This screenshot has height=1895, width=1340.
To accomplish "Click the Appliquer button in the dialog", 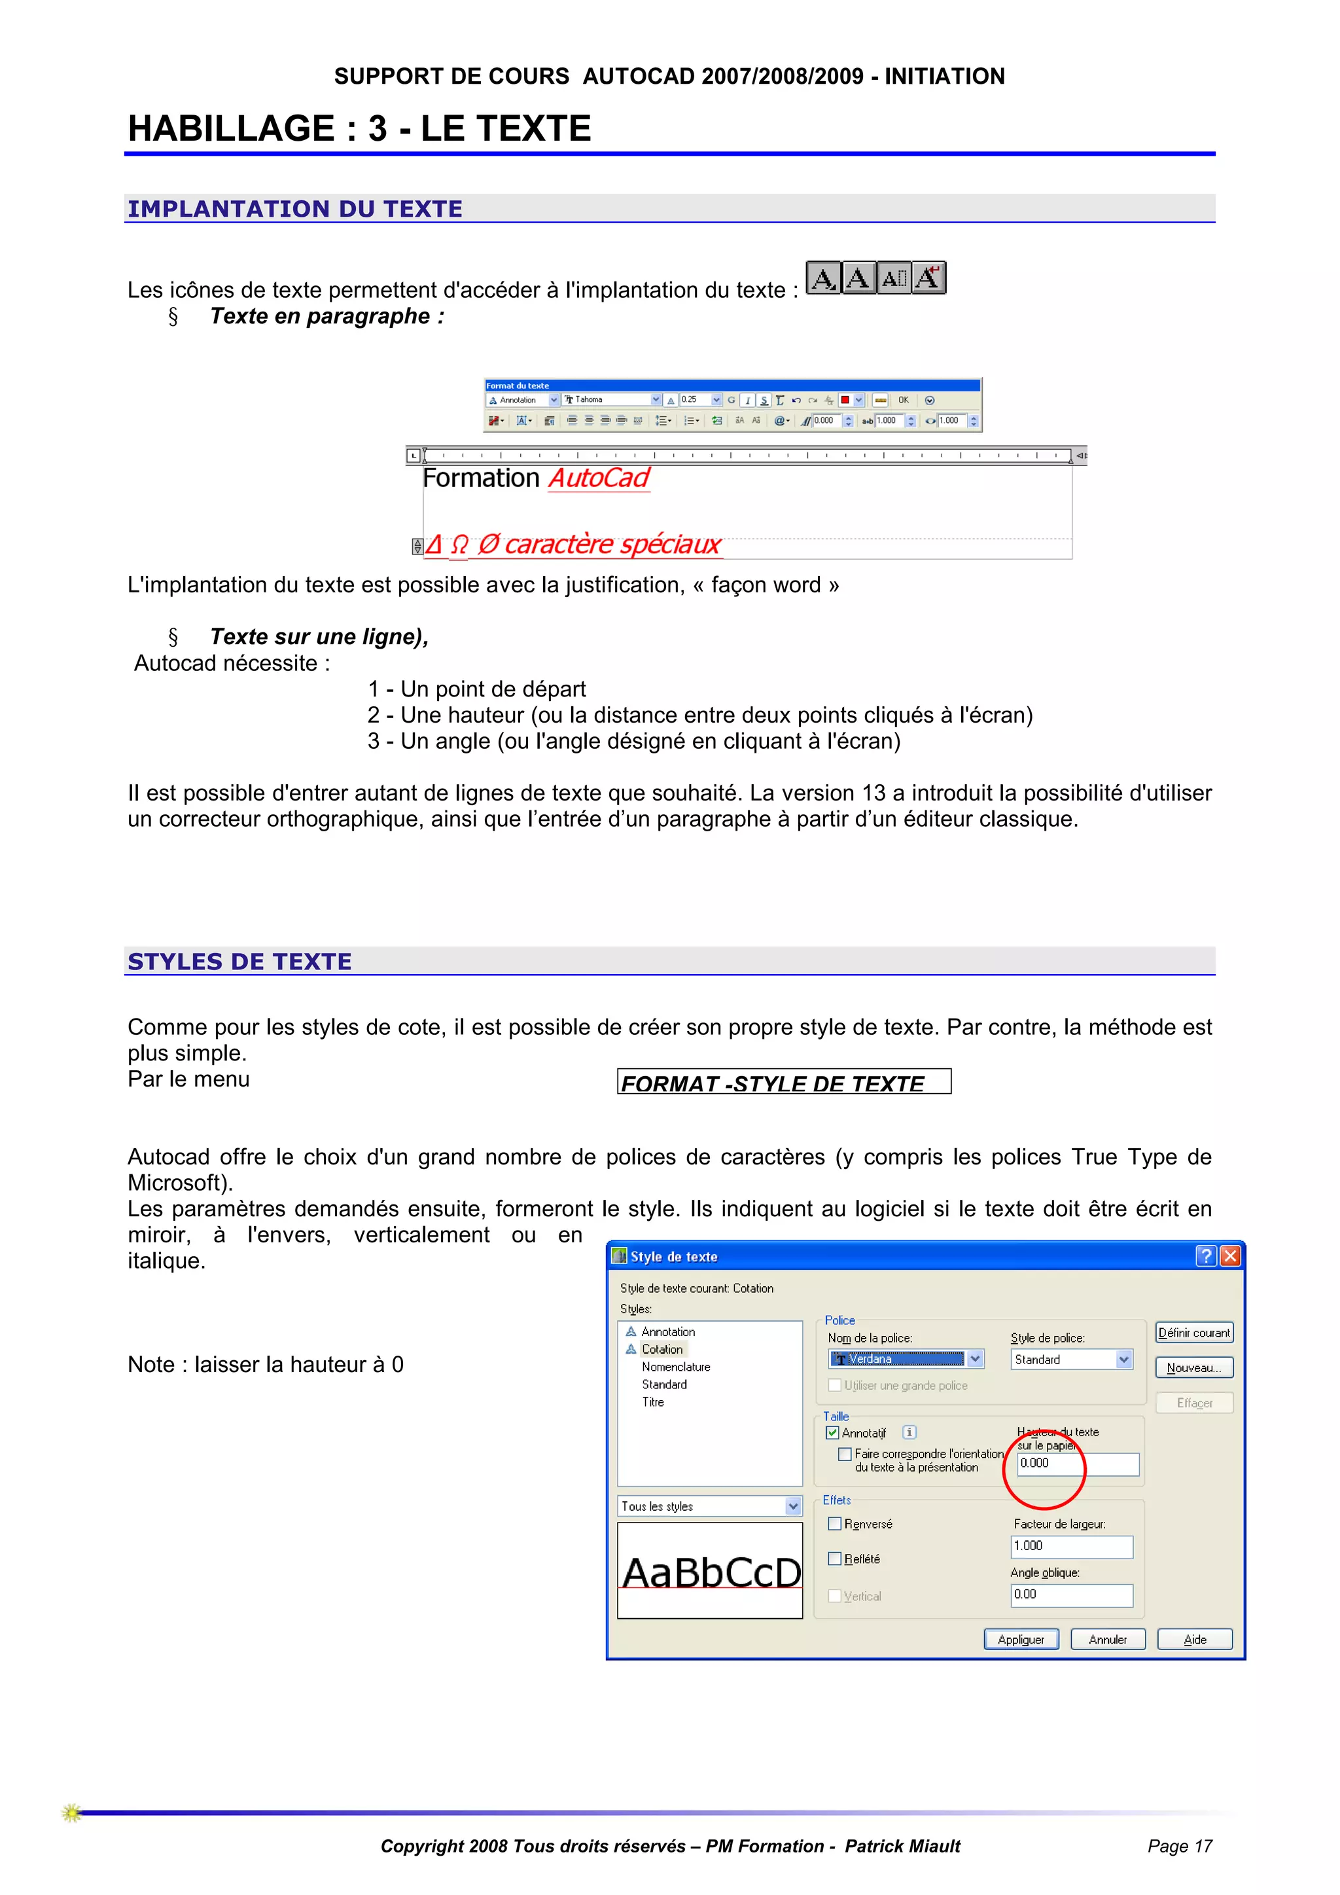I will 1021,1639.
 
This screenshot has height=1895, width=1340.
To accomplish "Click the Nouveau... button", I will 1194,1367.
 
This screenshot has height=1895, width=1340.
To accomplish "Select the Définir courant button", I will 1194,1332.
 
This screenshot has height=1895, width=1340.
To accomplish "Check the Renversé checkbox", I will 835,1524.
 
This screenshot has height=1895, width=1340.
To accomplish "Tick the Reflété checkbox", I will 835,1559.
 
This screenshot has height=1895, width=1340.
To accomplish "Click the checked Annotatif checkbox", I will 832,1433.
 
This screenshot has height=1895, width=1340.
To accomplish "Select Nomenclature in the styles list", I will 676,1367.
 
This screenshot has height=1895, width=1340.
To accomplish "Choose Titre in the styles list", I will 653,1401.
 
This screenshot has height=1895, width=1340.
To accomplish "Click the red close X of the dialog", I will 1229,1256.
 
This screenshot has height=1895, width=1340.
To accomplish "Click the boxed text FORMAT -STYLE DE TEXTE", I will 783,1083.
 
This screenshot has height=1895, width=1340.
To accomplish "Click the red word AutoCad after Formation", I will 599,478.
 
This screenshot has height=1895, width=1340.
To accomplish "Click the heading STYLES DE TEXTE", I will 239,962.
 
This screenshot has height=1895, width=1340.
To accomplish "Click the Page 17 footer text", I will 1179,1847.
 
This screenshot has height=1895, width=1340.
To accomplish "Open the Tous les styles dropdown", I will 792,1506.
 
